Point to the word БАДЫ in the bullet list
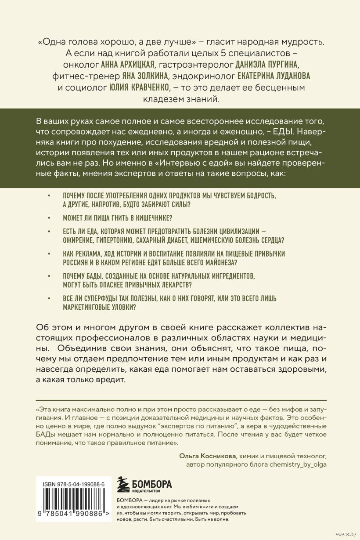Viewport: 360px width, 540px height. pyautogui.click(x=93, y=276)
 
